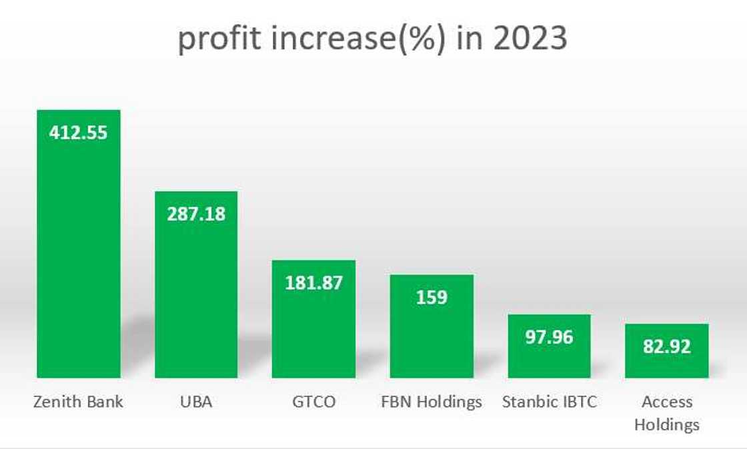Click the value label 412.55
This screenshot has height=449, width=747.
[x=78, y=132]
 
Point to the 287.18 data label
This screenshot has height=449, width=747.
[x=196, y=214]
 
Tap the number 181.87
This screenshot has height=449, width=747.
[x=313, y=282]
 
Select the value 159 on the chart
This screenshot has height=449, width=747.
[x=432, y=296]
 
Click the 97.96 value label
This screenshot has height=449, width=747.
[x=549, y=336]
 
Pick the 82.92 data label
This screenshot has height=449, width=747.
[x=666, y=346]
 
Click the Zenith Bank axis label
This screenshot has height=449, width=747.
[x=78, y=402]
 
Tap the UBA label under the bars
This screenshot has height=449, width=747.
[x=196, y=402]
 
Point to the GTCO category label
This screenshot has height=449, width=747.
[x=313, y=402]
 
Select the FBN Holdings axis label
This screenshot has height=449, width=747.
[x=432, y=402]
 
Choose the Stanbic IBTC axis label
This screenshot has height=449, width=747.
[x=549, y=402]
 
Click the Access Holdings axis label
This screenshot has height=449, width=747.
[x=666, y=413]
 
